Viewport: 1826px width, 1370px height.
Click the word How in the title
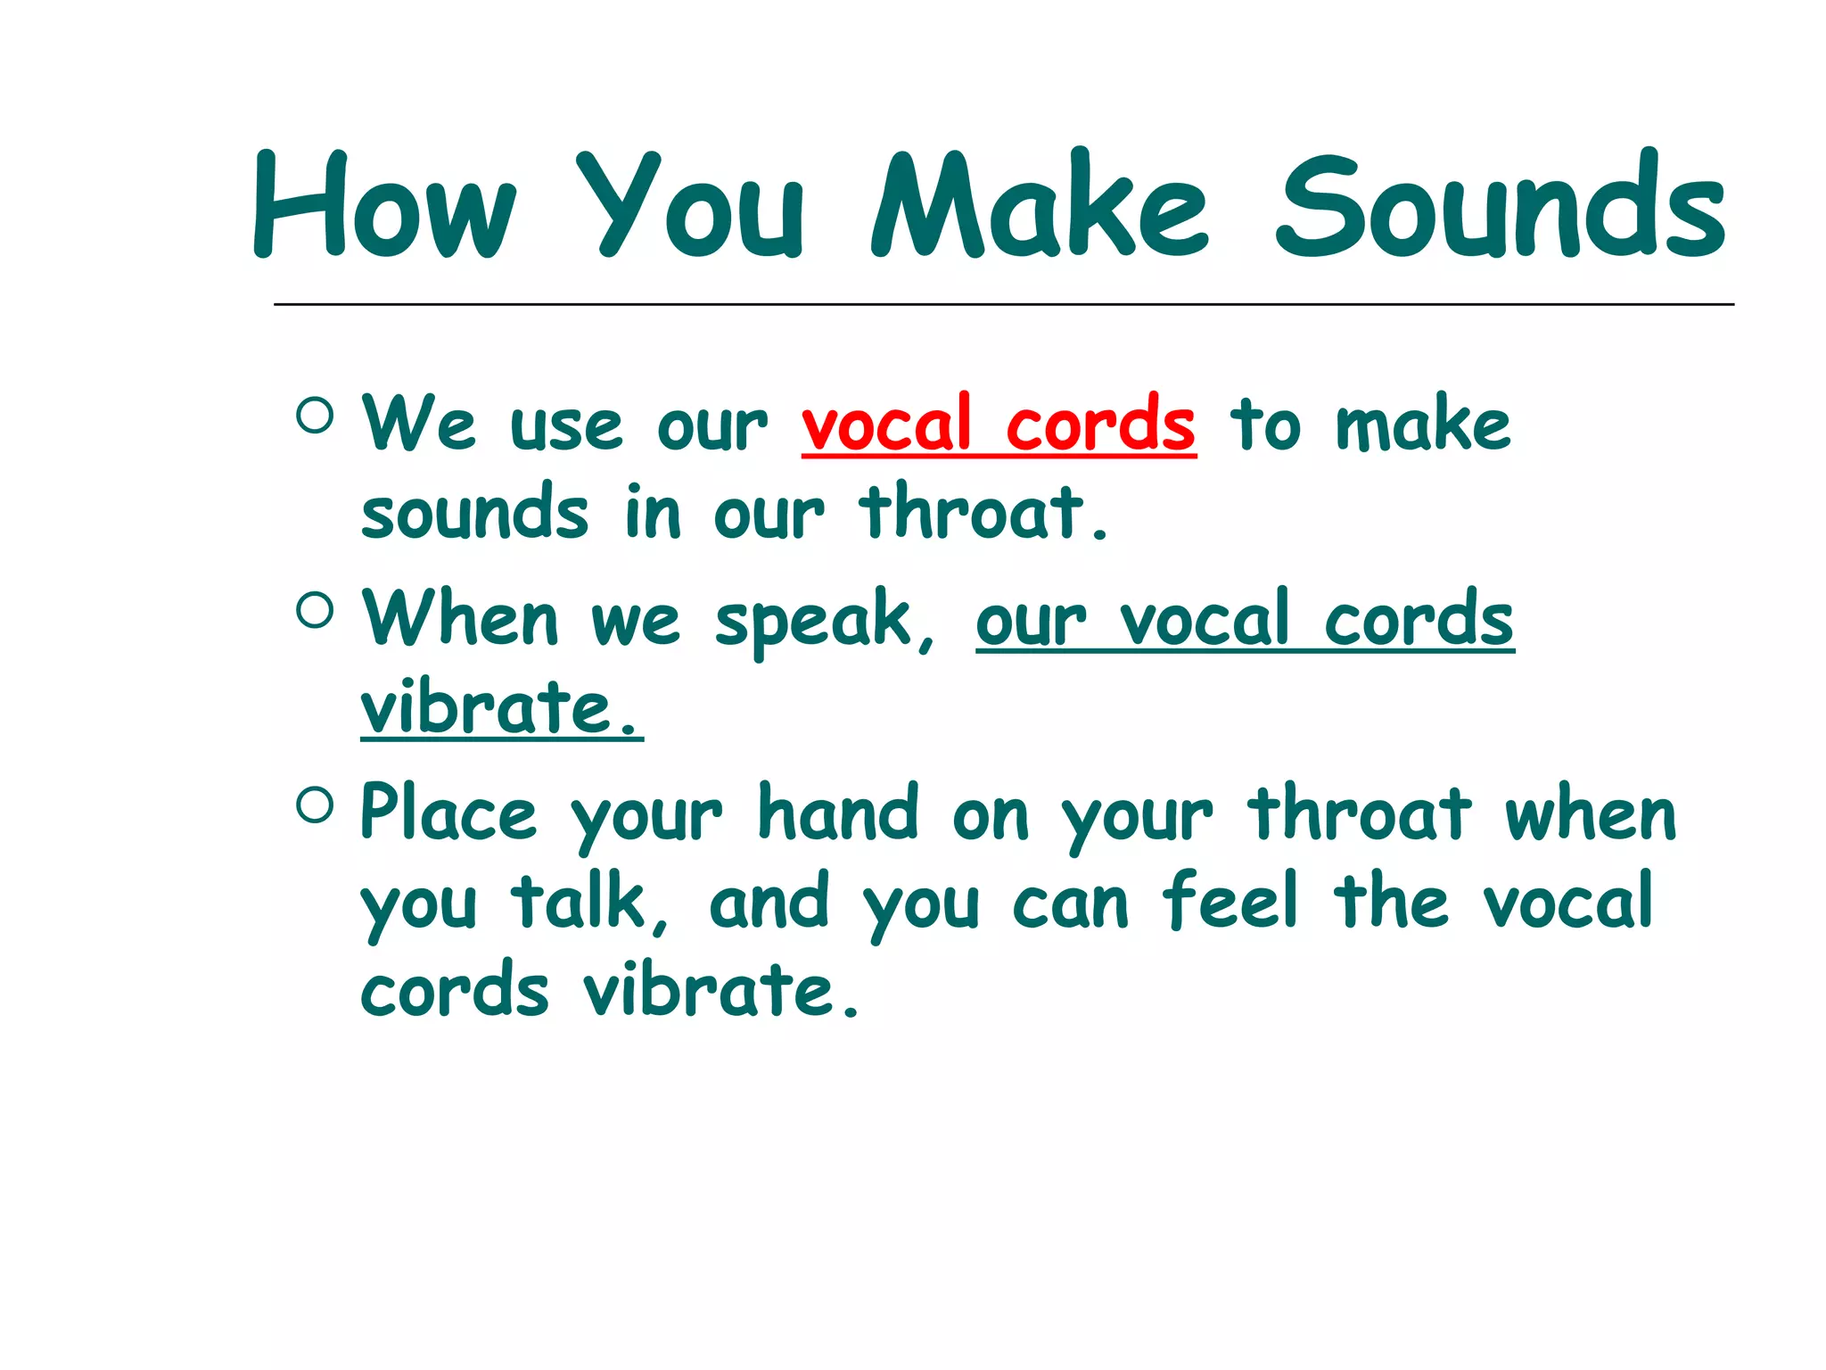pos(384,207)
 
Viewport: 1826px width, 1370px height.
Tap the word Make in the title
pos(1040,207)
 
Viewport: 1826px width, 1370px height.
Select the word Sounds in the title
pos(1501,207)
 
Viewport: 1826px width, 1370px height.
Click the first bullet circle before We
pos(315,416)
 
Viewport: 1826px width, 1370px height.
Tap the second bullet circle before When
pos(315,611)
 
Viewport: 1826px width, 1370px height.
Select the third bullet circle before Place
pos(315,805)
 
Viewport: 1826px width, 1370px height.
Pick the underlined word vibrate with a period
pos(500,708)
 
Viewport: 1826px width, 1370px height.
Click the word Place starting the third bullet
pos(448,813)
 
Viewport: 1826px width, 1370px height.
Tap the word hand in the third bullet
pos(837,813)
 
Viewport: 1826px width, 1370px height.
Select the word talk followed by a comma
pos(587,903)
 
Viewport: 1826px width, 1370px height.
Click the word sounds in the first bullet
pos(474,514)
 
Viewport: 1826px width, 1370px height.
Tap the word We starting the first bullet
pos(418,425)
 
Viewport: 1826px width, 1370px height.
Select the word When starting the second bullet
pos(460,620)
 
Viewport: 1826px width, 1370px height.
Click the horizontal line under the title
pos(1003,305)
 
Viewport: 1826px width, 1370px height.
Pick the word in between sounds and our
pos(652,512)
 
